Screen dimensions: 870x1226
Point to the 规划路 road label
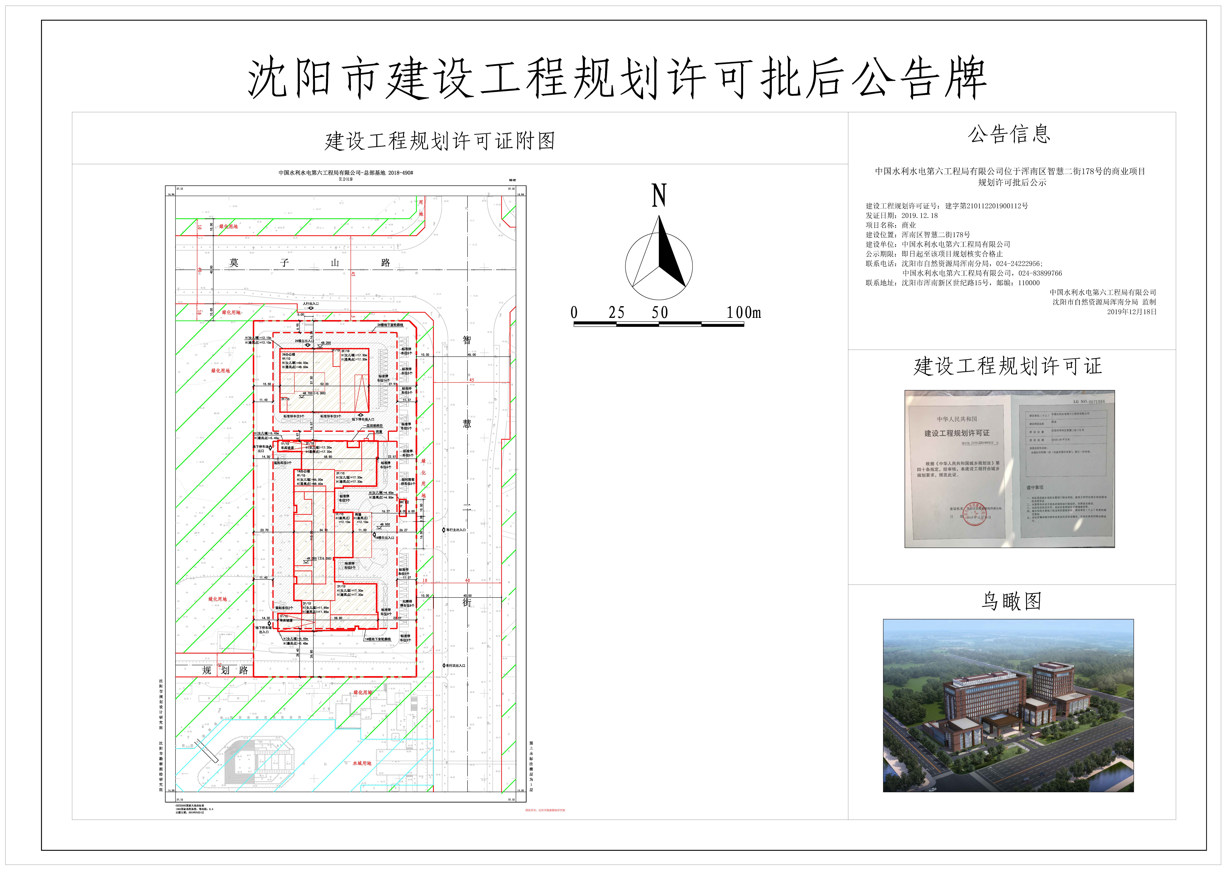225,670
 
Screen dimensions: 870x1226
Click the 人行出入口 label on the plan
311,304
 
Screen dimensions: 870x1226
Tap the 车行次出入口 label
455,665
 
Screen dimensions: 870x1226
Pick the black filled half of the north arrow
669,257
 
